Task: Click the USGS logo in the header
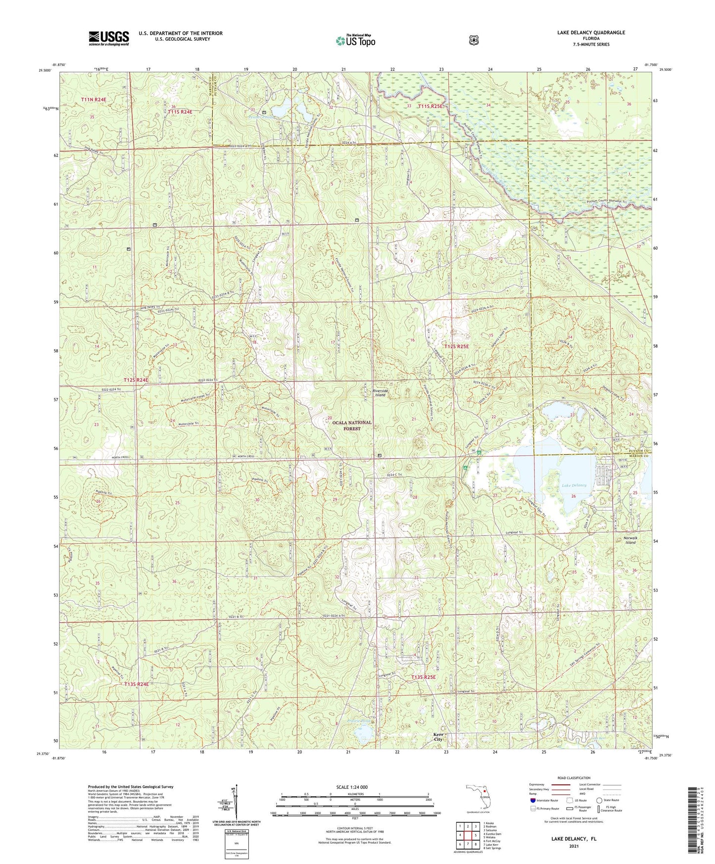(x=109, y=38)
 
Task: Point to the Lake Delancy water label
(x=573, y=485)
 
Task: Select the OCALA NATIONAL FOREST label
(x=351, y=426)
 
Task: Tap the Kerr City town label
(x=438, y=737)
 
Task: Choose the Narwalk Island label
(x=630, y=540)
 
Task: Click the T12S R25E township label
(x=456, y=347)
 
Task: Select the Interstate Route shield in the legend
(x=532, y=800)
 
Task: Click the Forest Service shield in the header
(x=474, y=40)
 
